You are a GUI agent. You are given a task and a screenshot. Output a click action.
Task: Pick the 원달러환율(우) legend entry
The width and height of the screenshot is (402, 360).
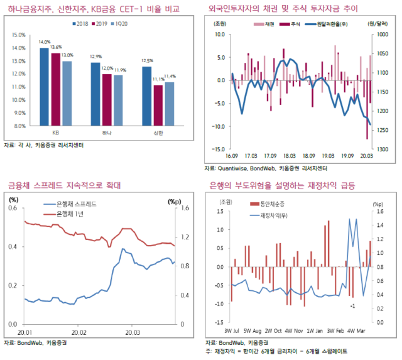pyautogui.click(x=342, y=23)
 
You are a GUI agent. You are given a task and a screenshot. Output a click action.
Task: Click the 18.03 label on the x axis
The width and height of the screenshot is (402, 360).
pyautogui.click(x=290, y=156)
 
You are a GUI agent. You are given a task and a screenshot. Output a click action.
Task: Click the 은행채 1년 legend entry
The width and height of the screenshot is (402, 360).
pyautogui.click(x=72, y=214)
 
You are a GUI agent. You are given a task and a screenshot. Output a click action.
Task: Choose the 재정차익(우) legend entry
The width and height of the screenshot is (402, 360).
pyautogui.click(x=275, y=215)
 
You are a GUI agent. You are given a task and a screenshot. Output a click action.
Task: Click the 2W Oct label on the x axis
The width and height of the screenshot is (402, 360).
pyautogui.click(x=273, y=330)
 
